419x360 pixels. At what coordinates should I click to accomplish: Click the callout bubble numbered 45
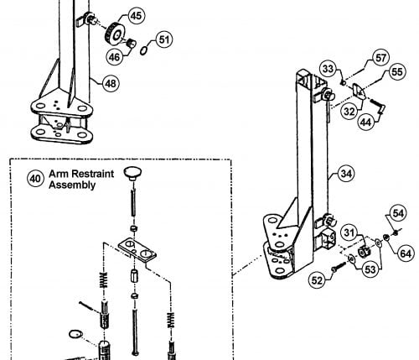[x=137, y=16]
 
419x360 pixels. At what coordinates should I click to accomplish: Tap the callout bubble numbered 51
[x=164, y=39]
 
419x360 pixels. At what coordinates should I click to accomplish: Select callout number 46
[x=114, y=57]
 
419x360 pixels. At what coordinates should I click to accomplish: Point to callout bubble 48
[x=111, y=83]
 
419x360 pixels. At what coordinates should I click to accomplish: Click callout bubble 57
[x=380, y=58]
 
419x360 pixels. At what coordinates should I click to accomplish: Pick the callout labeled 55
[x=397, y=71]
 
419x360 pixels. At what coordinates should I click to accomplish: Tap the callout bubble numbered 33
[x=328, y=68]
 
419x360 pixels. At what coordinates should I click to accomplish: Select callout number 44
[x=366, y=122]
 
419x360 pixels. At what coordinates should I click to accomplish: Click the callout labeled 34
[x=346, y=174]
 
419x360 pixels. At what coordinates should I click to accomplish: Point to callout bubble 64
[x=406, y=253]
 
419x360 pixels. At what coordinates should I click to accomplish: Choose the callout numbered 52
[x=317, y=280]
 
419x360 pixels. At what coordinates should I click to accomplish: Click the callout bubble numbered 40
[x=35, y=178]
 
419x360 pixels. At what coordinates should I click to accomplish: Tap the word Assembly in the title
[x=72, y=185]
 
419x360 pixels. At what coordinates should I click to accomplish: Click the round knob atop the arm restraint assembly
[x=132, y=174]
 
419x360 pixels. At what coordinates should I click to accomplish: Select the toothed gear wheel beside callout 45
[x=114, y=34]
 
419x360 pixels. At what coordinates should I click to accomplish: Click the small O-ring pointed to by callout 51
[x=143, y=51]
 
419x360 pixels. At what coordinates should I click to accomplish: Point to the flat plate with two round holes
[x=137, y=250]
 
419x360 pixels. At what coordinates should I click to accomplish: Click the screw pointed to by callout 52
[x=339, y=266]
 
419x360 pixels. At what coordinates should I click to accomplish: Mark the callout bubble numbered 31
[x=349, y=232]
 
